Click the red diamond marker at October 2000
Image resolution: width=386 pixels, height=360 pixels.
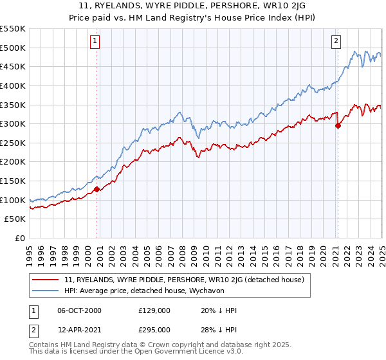point(97,189)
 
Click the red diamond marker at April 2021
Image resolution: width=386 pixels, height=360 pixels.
point(338,126)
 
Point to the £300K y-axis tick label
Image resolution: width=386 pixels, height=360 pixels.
point(14,123)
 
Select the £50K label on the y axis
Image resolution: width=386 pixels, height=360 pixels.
point(15,219)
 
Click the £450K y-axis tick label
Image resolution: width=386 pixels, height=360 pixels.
point(14,66)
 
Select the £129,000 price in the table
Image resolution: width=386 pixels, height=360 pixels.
point(154,310)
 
